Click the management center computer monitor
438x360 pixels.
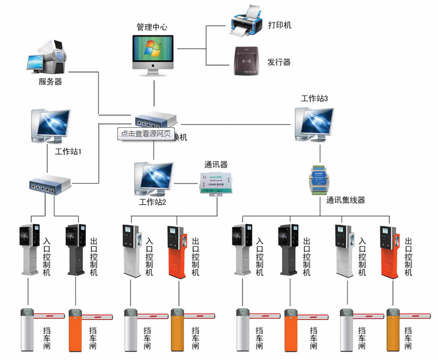(x=154, y=52)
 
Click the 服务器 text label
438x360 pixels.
(x=50, y=82)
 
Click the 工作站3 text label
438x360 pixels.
(x=314, y=98)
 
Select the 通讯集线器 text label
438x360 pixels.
(x=346, y=200)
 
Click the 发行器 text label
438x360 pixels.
(x=279, y=62)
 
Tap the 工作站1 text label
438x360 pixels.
(x=68, y=152)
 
